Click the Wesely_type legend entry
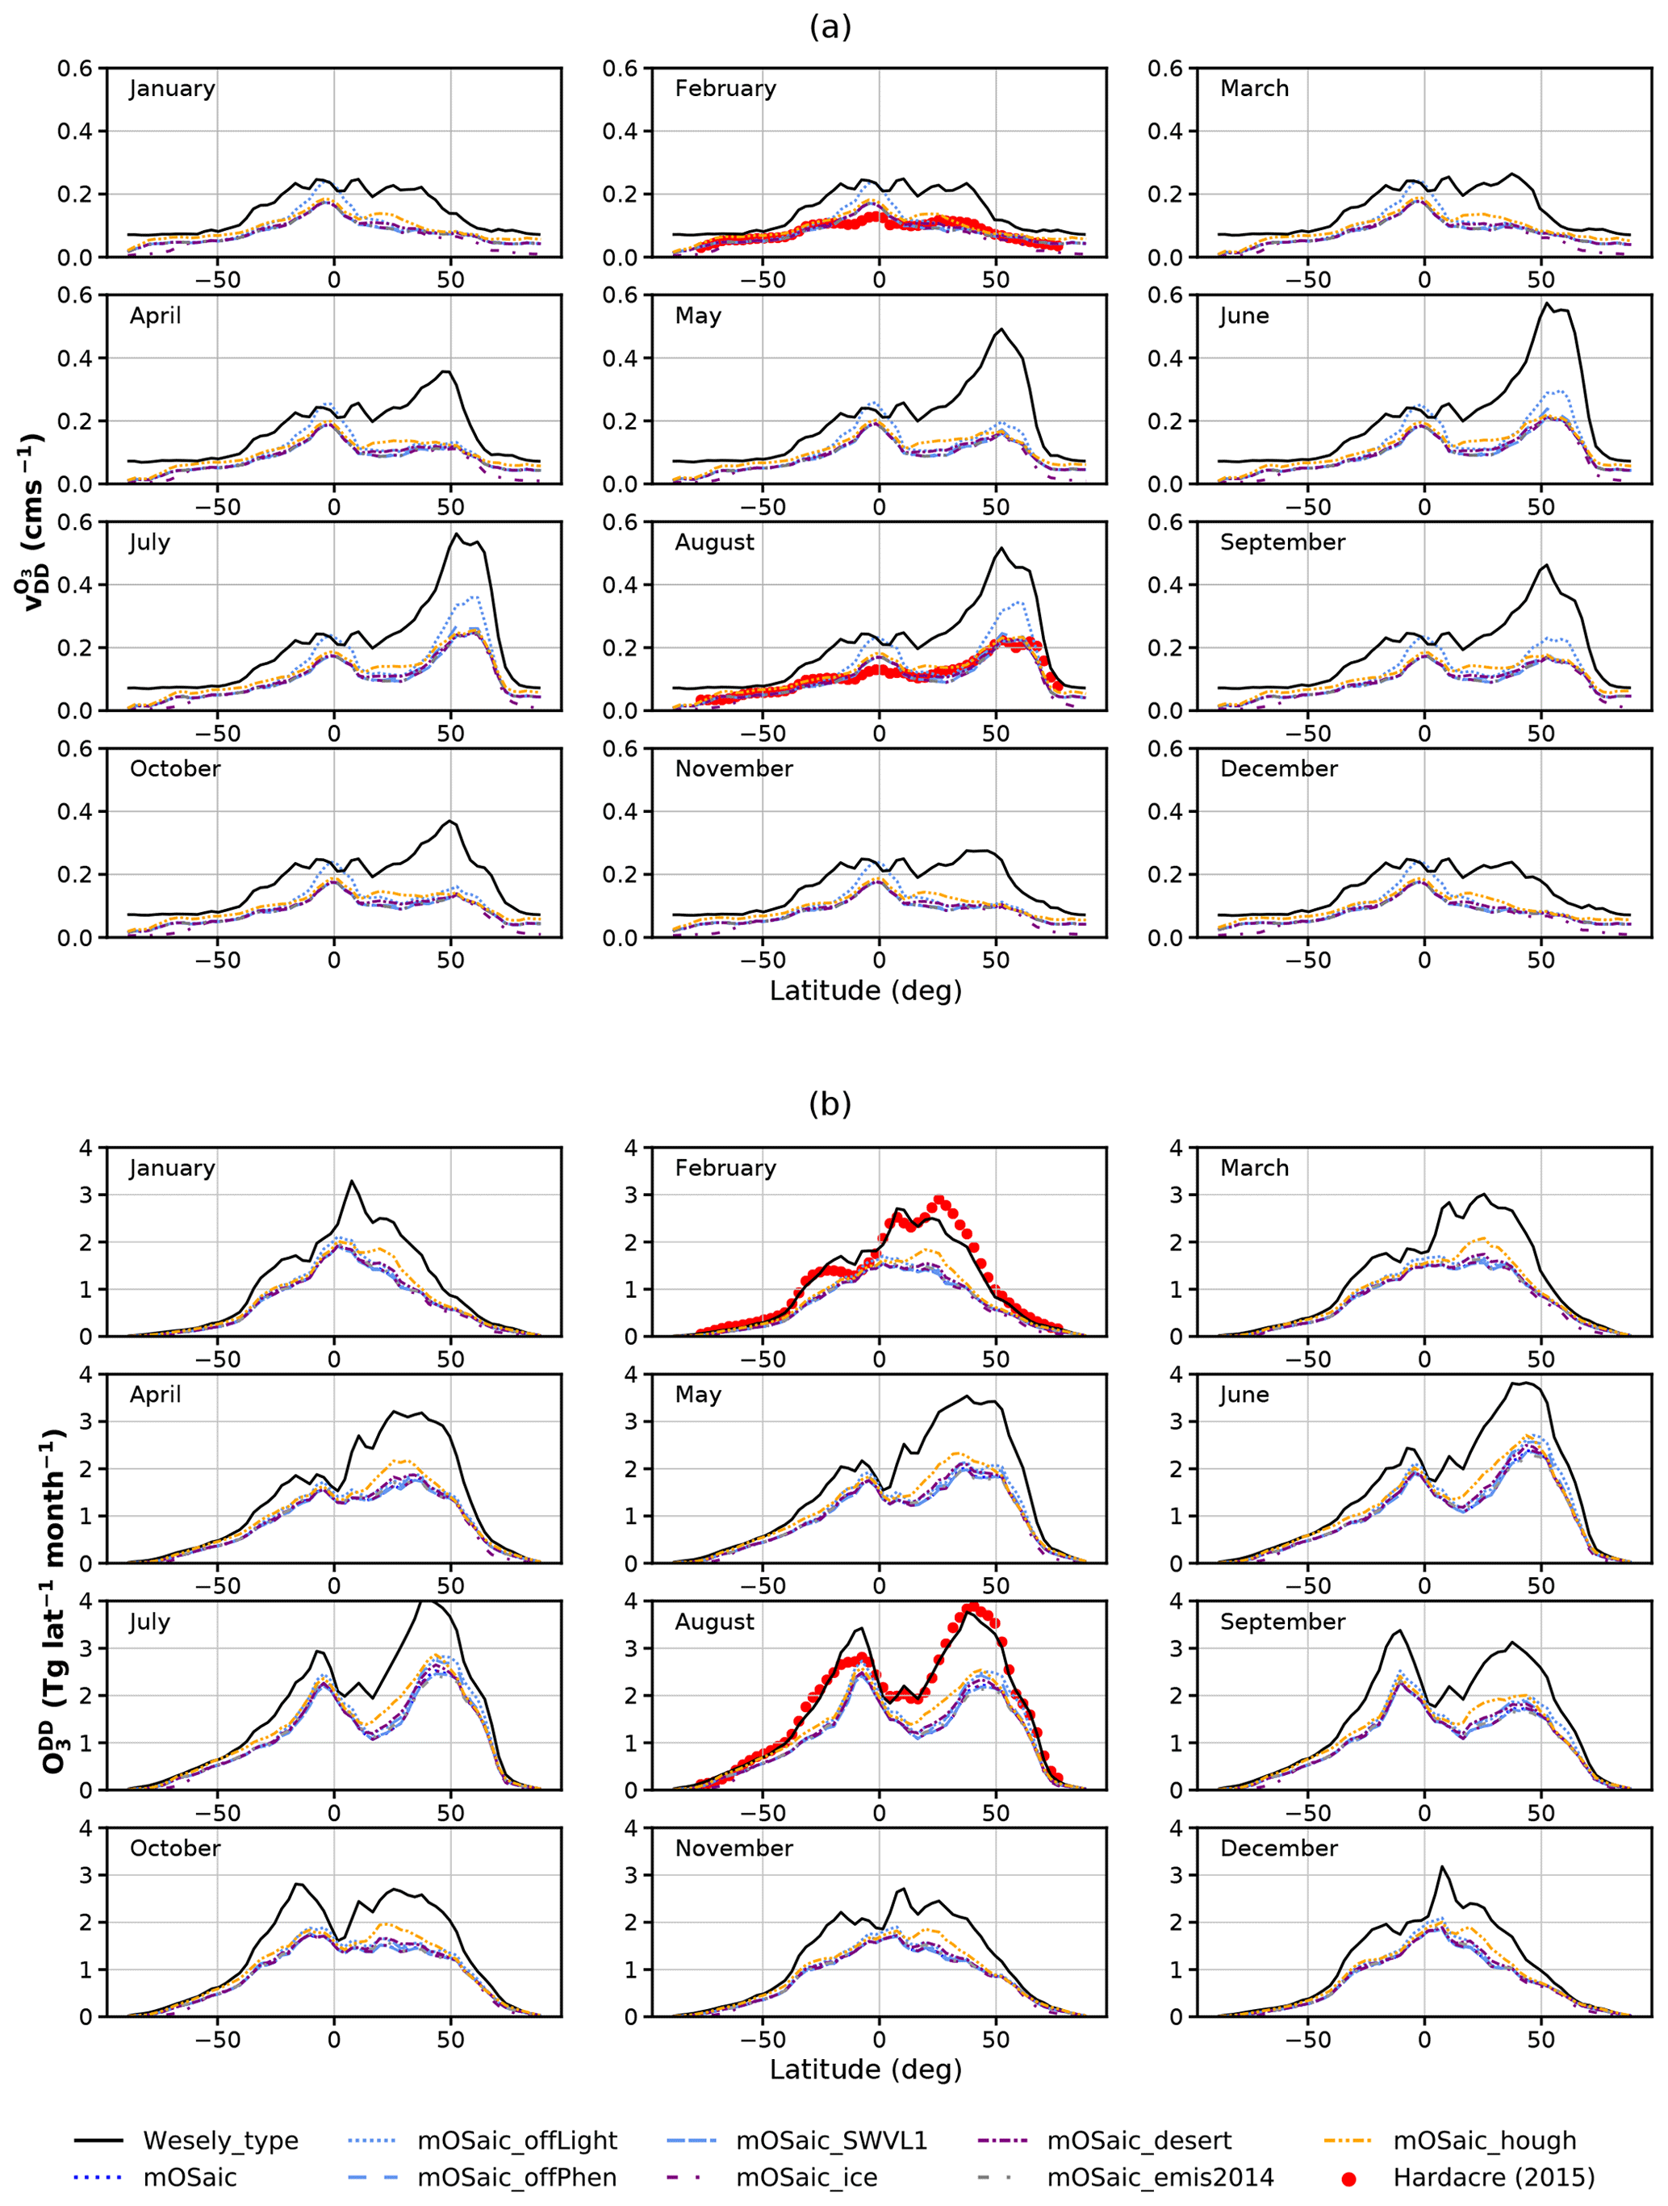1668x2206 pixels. point(220,2140)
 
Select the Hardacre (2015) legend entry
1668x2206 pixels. point(1494,2177)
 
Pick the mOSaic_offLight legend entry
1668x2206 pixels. point(516,2140)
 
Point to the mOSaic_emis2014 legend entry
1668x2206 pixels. point(1160,2177)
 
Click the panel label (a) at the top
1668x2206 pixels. point(830,28)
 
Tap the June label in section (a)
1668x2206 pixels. point(1244,316)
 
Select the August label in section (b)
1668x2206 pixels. point(714,1622)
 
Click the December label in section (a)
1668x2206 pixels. point(1278,769)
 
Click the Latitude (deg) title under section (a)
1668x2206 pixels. point(865,990)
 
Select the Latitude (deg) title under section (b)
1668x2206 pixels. point(865,2070)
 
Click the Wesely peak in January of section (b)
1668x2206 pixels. point(351,1181)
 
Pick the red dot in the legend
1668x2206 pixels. point(1348,2178)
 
